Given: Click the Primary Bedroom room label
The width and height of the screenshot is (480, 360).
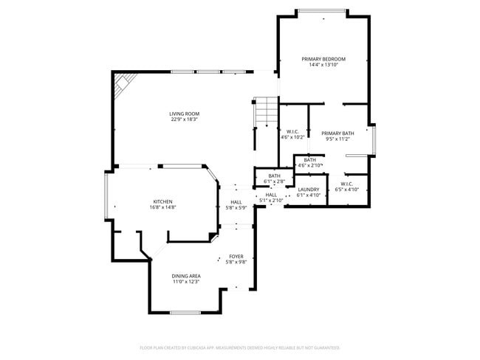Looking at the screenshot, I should tap(323, 59).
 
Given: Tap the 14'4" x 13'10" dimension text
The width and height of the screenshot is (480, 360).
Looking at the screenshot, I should tap(323, 65).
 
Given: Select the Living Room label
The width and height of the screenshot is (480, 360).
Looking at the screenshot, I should tap(185, 114).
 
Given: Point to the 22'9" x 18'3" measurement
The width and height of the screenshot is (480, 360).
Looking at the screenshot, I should tap(185, 120).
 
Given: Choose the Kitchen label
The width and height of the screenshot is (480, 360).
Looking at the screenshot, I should tap(163, 201).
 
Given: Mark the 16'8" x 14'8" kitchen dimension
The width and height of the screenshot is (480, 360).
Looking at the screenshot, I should tap(163, 207).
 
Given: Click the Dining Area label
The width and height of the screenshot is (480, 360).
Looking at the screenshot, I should tap(186, 276).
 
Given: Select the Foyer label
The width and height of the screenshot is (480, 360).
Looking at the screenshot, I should tap(236, 256).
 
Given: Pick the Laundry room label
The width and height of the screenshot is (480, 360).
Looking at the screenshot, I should tap(308, 190).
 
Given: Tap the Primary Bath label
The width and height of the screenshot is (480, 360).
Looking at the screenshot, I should tap(337, 133).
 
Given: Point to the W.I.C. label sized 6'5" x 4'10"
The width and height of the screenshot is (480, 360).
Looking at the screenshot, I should tap(346, 184).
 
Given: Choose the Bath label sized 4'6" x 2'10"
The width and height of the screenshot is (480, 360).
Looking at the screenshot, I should tap(309, 160).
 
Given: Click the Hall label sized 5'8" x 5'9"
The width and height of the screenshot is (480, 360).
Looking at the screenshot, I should tap(236, 201).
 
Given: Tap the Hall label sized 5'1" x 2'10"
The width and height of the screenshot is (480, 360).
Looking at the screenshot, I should tap(271, 195).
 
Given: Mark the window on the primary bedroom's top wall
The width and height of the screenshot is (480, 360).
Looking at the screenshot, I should tap(322, 11).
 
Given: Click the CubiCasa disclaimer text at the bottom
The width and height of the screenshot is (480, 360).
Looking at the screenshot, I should tap(240, 347).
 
